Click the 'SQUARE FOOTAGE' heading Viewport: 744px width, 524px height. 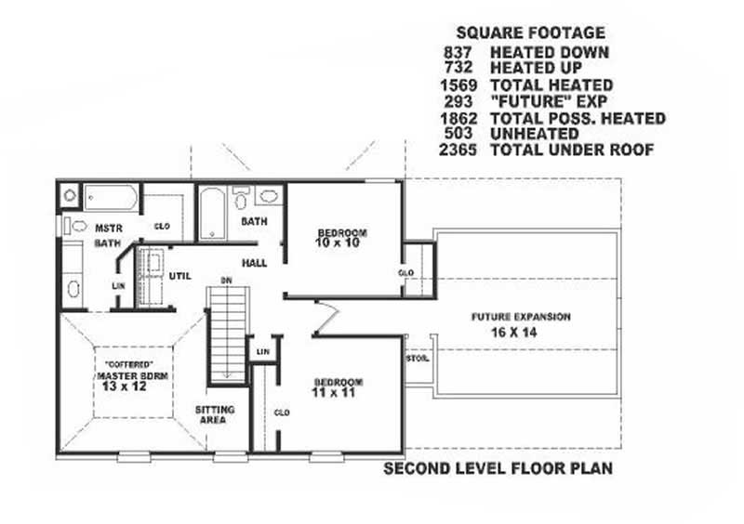click(530, 33)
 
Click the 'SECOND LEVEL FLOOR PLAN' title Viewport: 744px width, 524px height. click(498, 469)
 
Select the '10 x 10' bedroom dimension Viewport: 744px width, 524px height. click(341, 243)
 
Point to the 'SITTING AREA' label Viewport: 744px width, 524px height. click(215, 415)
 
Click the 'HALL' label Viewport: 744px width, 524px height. click(255, 264)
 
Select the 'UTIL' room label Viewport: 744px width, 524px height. click(180, 276)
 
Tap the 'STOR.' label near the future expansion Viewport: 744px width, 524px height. click(418, 359)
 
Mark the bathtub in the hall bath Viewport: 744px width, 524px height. click(212, 213)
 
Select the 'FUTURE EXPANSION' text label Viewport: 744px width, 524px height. click(520, 317)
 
